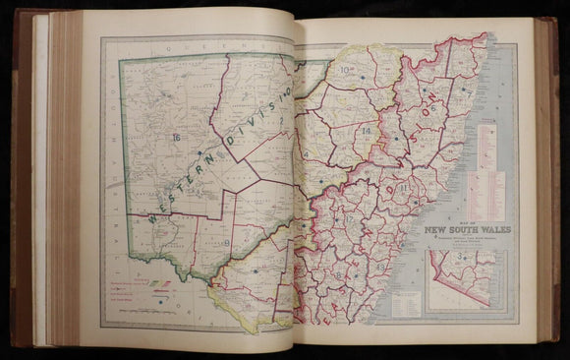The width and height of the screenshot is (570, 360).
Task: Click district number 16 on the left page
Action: click(176, 136)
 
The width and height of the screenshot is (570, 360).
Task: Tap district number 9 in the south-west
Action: click(227, 242)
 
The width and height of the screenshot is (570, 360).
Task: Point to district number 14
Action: click(366, 131)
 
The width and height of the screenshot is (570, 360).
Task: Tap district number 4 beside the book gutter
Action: click(306, 154)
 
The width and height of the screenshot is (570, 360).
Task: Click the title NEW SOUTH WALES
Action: click(460, 233)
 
